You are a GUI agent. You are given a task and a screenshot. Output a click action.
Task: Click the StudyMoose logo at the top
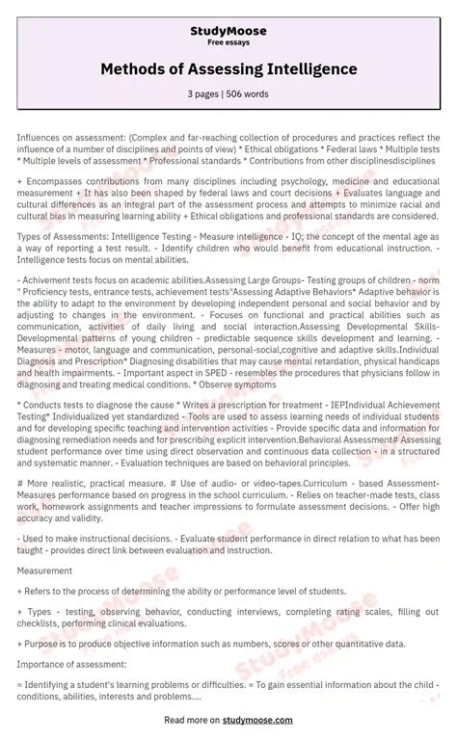coord(228,30)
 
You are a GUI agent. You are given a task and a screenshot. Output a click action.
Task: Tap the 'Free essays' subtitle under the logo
coord(228,42)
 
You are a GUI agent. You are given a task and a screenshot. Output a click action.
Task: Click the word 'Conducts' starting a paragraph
coord(45,405)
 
